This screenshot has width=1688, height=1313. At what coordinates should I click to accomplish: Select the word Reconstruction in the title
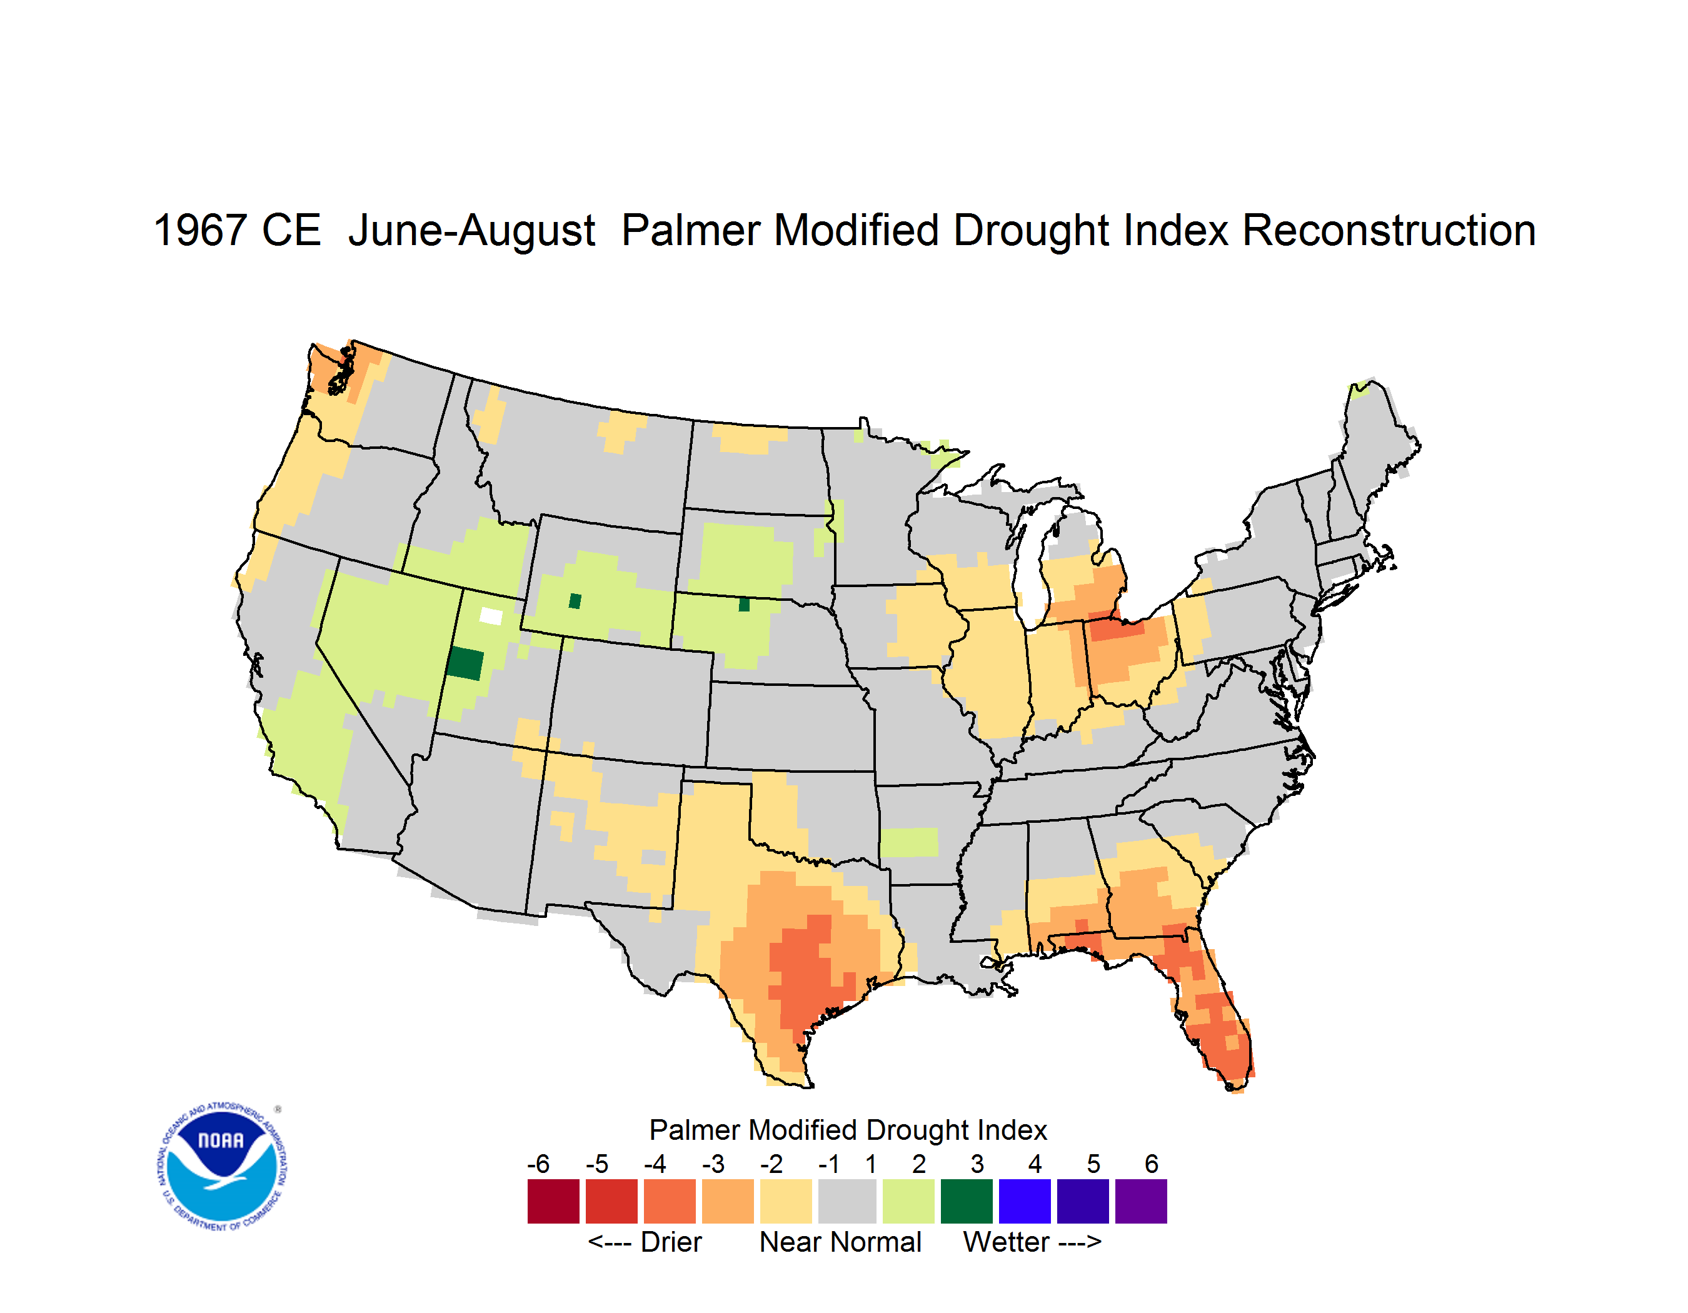1389,230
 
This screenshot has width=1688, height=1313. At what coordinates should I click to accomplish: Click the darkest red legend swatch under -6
553,1201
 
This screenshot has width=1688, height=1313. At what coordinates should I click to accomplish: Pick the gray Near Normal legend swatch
847,1201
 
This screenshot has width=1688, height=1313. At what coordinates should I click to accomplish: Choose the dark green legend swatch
966,1201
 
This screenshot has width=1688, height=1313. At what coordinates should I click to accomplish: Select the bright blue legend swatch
1025,1201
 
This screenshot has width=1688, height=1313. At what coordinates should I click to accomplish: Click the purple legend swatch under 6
1141,1201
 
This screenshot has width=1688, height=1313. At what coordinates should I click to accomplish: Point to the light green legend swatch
908,1201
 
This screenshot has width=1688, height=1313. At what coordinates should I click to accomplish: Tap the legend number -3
713,1164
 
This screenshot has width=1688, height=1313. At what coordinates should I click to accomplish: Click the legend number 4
1035,1164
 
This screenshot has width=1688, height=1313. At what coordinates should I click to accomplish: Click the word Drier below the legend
671,1242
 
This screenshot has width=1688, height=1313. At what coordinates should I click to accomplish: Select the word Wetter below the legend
1007,1242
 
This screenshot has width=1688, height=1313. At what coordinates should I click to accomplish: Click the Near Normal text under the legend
840,1242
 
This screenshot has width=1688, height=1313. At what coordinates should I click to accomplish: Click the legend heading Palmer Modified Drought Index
848,1130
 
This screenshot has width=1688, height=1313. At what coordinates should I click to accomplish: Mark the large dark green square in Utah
465,664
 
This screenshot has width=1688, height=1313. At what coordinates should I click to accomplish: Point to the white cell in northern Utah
491,616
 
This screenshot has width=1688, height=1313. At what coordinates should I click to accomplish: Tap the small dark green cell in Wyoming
575,601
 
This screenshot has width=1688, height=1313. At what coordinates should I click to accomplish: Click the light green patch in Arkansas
909,842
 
